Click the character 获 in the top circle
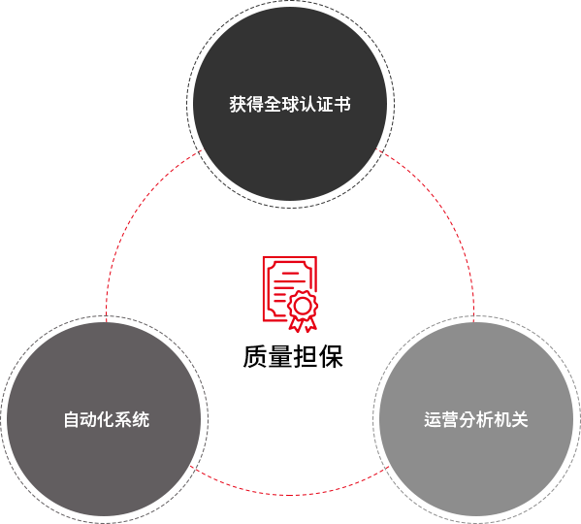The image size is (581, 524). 238,104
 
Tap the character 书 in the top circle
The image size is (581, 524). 342,104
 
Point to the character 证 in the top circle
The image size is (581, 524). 325,104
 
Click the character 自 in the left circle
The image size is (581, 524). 72,419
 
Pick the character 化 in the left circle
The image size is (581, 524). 107,419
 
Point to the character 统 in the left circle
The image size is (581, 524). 141,419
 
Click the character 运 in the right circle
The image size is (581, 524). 433,419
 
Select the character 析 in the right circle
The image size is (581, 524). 485,419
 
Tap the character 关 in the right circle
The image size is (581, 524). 520,419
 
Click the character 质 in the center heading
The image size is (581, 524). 255,356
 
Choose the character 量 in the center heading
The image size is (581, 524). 280,356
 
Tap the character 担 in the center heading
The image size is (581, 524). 306,356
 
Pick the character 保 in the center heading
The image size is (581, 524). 331,356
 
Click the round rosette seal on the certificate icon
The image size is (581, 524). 303,306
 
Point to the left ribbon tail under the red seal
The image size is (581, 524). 295,324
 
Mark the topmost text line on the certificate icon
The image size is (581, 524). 291,274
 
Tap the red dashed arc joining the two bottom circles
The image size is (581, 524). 290,494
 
